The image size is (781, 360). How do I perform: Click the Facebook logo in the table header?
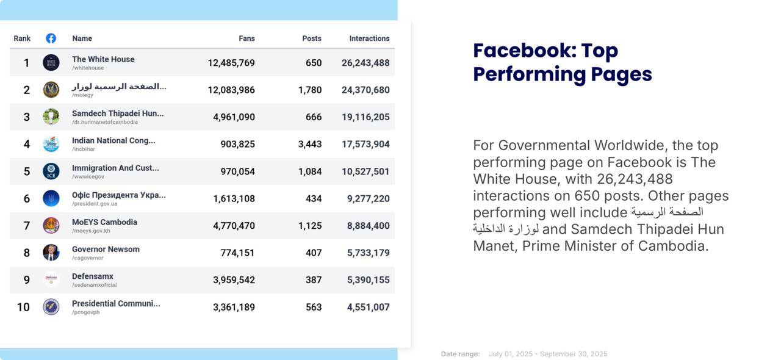pos(51,38)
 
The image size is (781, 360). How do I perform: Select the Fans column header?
pos(247,38)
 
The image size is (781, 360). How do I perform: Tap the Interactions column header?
pos(369,38)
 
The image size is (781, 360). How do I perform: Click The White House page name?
pos(103,59)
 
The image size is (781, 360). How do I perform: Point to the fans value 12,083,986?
pos(231,90)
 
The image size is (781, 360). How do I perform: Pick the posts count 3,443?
pos(310,144)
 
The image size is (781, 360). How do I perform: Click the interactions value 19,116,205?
pos(365,117)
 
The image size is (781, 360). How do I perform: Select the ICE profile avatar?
pos(51,171)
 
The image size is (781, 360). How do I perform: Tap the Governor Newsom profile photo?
pos(51,253)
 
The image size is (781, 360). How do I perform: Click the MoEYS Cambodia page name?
pos(104,222)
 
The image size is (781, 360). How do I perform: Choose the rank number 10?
pos(23,307)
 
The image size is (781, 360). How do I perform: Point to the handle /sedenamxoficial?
pos(94,285)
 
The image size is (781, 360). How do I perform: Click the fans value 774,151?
pos(237,253)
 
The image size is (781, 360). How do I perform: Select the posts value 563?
pos(314,307)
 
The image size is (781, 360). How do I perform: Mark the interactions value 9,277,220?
pos(368,198)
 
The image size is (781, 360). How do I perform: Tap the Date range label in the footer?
pos(460,354)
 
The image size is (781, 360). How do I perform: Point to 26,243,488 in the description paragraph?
pos(635,179)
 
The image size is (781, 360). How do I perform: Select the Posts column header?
pos(312,38)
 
